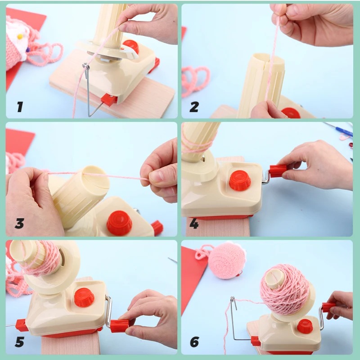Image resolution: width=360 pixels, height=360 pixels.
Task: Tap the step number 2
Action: [194, 107]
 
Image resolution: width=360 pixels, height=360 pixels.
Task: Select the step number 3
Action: [19, 223]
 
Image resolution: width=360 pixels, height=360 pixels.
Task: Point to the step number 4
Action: [194, 224]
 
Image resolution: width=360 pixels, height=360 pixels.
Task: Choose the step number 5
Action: [19, 342]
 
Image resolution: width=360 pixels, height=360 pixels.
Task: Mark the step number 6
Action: [194, 342]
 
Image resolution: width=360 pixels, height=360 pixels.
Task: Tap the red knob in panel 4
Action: [240, 180]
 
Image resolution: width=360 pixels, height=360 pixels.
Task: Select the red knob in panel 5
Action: [84, 297]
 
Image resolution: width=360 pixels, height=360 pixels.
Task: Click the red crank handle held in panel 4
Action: [278, 171]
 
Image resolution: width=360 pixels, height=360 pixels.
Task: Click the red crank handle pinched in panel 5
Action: [120, 325]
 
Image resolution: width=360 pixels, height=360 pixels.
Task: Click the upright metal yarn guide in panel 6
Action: [233, 315]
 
